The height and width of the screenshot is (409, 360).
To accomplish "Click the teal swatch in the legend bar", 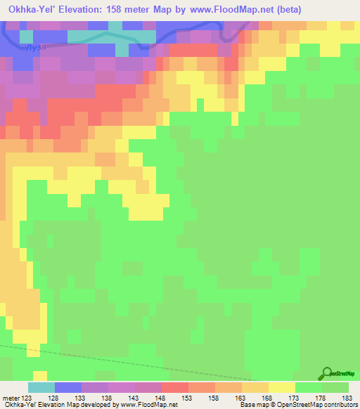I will pyautogui.click(x=41, y=387).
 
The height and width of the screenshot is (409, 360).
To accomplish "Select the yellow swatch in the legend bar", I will pyautogui.click(x=282, y=387).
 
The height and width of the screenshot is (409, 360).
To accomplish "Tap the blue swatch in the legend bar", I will pyautogui.click(x=68, y=387).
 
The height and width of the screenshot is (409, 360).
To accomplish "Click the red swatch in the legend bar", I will pyautogui.click(x=175, y=387).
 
